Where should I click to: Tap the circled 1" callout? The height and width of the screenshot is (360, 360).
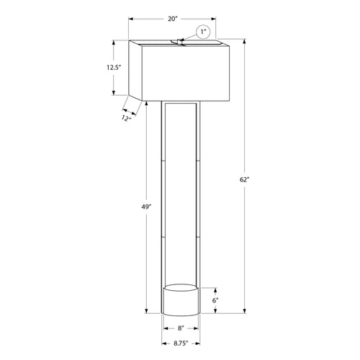click(204, 32)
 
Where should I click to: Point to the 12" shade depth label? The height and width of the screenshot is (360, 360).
click(126, 118)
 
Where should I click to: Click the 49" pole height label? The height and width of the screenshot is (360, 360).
click(146, 207)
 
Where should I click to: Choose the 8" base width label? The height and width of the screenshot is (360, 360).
click(180, 328)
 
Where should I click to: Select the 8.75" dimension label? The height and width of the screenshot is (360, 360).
click(180, 343)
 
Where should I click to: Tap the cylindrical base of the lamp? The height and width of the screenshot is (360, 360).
click(180, 302)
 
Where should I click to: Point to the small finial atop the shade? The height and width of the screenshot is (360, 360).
click(177, 42)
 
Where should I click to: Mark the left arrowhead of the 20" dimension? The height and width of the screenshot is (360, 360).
click(132, 20)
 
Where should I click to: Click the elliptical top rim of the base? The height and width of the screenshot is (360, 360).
click(180, 289)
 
